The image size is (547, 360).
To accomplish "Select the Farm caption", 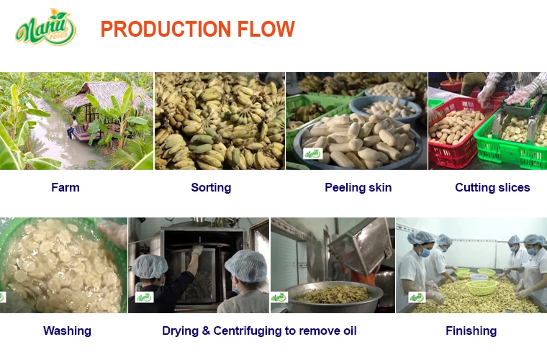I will pyautogui.click(x=65, y=187).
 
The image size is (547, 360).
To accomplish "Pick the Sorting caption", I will pyautogui.click(x=211, y=187).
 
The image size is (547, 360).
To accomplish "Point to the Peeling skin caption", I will pyautogui.click(x=358, y=187).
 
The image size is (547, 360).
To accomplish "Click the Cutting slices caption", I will pyautogui.click(x=492, y=187).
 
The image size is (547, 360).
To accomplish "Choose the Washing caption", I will pyautogui.click(x=67, y=330).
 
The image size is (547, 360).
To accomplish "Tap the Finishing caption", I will pyautogui.click(x=471, y=330).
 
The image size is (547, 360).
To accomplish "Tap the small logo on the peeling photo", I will pyautogui.click(x=312, y=153).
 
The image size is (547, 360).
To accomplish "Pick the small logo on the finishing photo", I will pyautogui.click(x=417, y=297).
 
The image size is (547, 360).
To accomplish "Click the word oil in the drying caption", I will pyautogui.click(x=347, y=330).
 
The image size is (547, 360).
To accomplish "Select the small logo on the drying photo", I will pyautogui.click(x=145, y=297).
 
